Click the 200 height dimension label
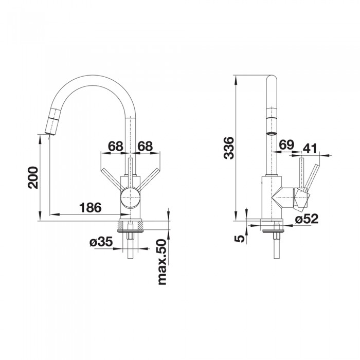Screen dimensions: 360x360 pos(33,178)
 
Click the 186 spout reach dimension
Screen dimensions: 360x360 pos(90,208)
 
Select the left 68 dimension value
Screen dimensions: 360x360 pos(116,146)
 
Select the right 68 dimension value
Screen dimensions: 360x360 pos(145,146)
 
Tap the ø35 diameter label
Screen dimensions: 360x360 pos(101,242)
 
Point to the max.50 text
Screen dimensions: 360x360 pos(162,262)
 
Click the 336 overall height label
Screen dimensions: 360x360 pos(229,148)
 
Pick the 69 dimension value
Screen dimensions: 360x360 pos(286,145)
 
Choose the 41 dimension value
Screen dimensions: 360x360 pos(310,148)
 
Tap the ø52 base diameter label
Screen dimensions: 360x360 pos(307,219)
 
